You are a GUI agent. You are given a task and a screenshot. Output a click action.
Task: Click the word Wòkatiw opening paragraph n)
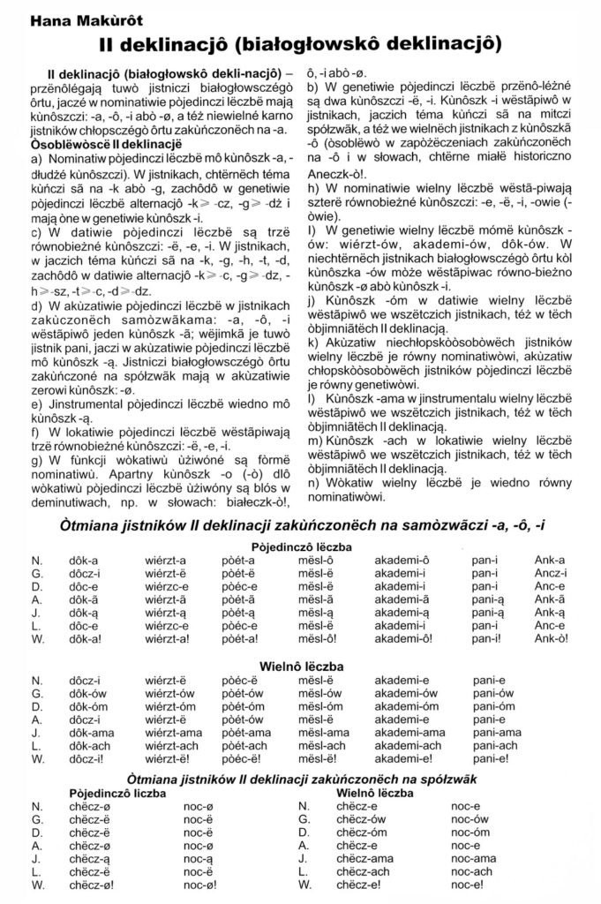click(x=345, y=485)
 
